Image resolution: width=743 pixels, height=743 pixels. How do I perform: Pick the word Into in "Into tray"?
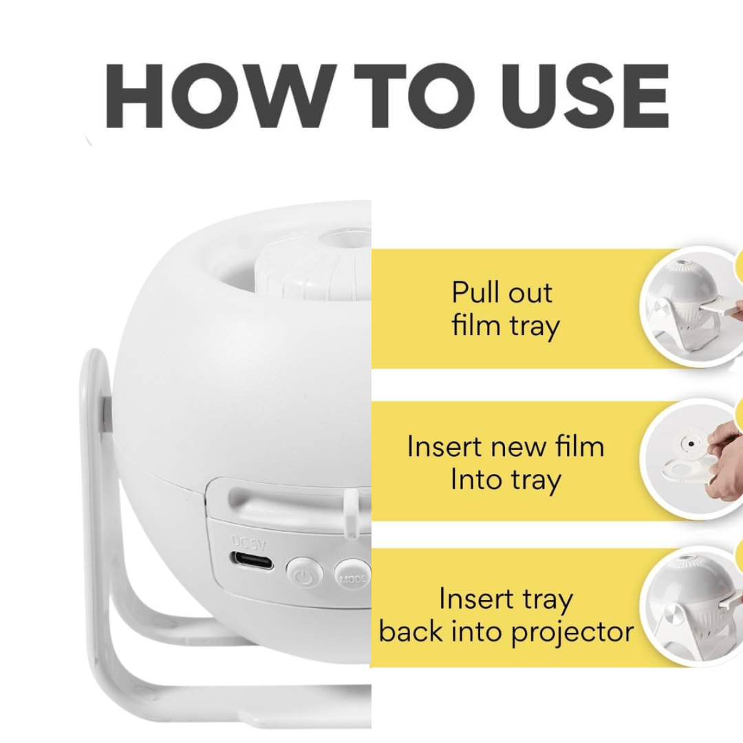(x=475, y=480)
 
